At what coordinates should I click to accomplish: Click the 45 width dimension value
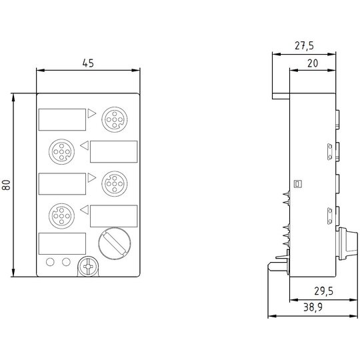(x=88, y=63)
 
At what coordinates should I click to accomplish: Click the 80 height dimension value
(x=7, y=185)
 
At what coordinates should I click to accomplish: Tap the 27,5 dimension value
(x=304, y=46)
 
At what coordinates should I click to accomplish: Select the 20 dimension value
(x=313, y=63)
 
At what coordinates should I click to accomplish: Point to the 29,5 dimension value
(x=324, y=291)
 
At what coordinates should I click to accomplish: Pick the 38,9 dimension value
(x=313, y=307)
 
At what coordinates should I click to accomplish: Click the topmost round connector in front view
(x=115, y=119)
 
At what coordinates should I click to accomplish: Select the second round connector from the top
(x=61, y=151)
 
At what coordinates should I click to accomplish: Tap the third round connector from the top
(x=115, y=184)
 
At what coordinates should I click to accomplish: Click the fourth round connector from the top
(x=61, y=216)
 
